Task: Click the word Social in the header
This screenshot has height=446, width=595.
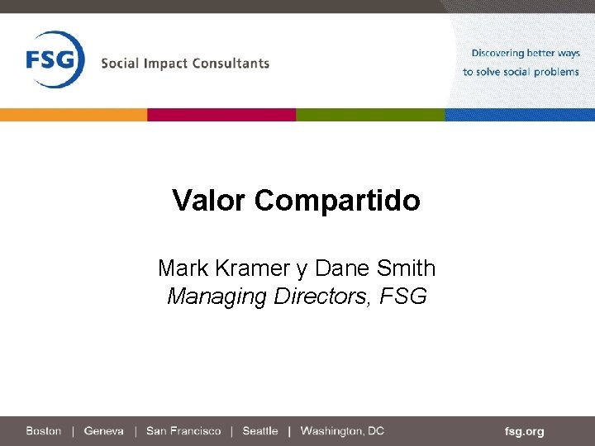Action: [120, 63]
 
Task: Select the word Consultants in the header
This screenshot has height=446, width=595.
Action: [233, 63]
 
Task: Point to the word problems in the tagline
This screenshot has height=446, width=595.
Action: [556, 72]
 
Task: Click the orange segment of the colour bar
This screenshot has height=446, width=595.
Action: [74, 115]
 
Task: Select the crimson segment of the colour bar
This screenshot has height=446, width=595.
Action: [221, 115]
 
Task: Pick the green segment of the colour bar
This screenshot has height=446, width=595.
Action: [370, 115]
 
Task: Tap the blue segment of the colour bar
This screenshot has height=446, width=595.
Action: [520, 115]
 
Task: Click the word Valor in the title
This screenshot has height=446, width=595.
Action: [210, 200]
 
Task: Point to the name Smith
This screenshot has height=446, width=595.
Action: [406, 268]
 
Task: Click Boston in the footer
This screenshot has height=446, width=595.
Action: [44, 431]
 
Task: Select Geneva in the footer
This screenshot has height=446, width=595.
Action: [104, 431]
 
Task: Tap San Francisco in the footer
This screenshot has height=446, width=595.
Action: [183, 431]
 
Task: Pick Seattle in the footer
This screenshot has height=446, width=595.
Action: [260, 431]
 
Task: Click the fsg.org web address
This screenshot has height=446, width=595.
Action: [525, 431]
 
